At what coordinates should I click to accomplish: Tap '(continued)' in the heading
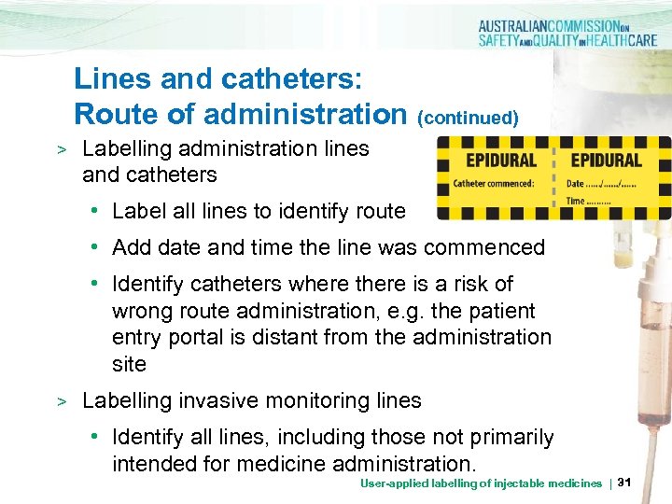[468, 118]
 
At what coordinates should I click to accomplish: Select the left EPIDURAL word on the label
[501, 160]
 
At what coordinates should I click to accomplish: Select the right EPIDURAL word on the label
[607, 160]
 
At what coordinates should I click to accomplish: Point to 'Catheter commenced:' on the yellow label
[494, 183]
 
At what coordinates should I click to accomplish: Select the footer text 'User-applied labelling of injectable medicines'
[481, 483]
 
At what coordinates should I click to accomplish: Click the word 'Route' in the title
[115, 114]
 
